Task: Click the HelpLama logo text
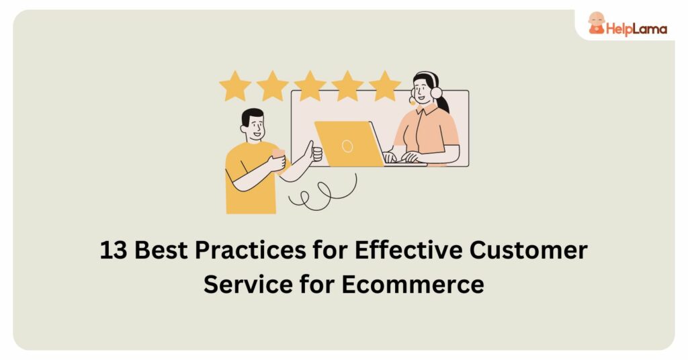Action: (636, 28)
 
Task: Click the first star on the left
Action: (234, 87)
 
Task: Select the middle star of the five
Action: (310, 87)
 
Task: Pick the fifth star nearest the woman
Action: (384, 87)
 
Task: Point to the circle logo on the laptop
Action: (347, 146)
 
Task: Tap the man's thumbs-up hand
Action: (314, 153)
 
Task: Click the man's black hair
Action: (252, 116)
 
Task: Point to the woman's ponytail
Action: (444, 104)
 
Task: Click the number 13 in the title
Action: (114, 251)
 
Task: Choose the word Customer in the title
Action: (535, 251)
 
